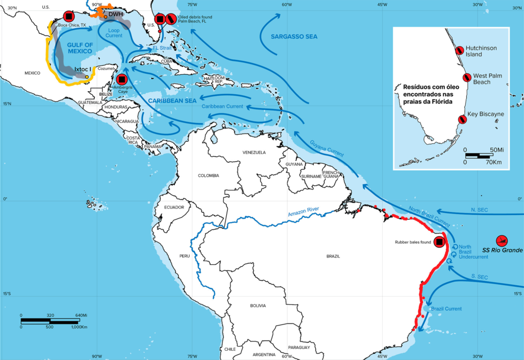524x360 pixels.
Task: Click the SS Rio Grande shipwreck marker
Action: tap(503, 240)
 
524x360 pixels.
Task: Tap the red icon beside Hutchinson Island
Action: tap(460, 50)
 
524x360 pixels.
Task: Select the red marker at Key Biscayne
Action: tap(462, 119)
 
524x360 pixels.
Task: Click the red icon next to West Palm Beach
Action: tap(467, 78)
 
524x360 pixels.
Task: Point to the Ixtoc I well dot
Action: tap(87, 77)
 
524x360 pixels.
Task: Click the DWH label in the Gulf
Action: tap(116, 14)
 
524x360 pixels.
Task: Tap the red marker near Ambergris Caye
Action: tap(122, 79)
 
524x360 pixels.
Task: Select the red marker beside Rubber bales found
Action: tap(439, 242)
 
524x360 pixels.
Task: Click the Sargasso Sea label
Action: tap(295, 37)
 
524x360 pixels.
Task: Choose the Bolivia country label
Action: tap(258, 306)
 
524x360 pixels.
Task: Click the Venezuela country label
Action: tap(254, 153)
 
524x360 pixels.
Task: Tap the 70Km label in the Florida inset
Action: tap(494, 162)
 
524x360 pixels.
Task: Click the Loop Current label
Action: tap(114, 33)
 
